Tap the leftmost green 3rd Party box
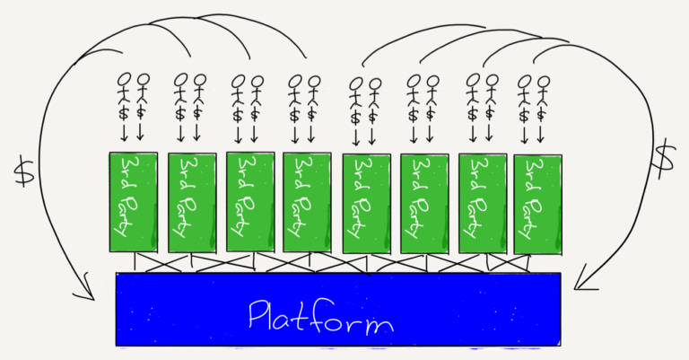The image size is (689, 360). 133,202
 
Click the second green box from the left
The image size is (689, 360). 192,202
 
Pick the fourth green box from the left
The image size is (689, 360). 306,202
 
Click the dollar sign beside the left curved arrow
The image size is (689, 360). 24,171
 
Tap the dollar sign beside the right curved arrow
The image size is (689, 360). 663,159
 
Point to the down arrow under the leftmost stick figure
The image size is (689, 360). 124,133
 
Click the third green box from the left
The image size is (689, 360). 249,202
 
